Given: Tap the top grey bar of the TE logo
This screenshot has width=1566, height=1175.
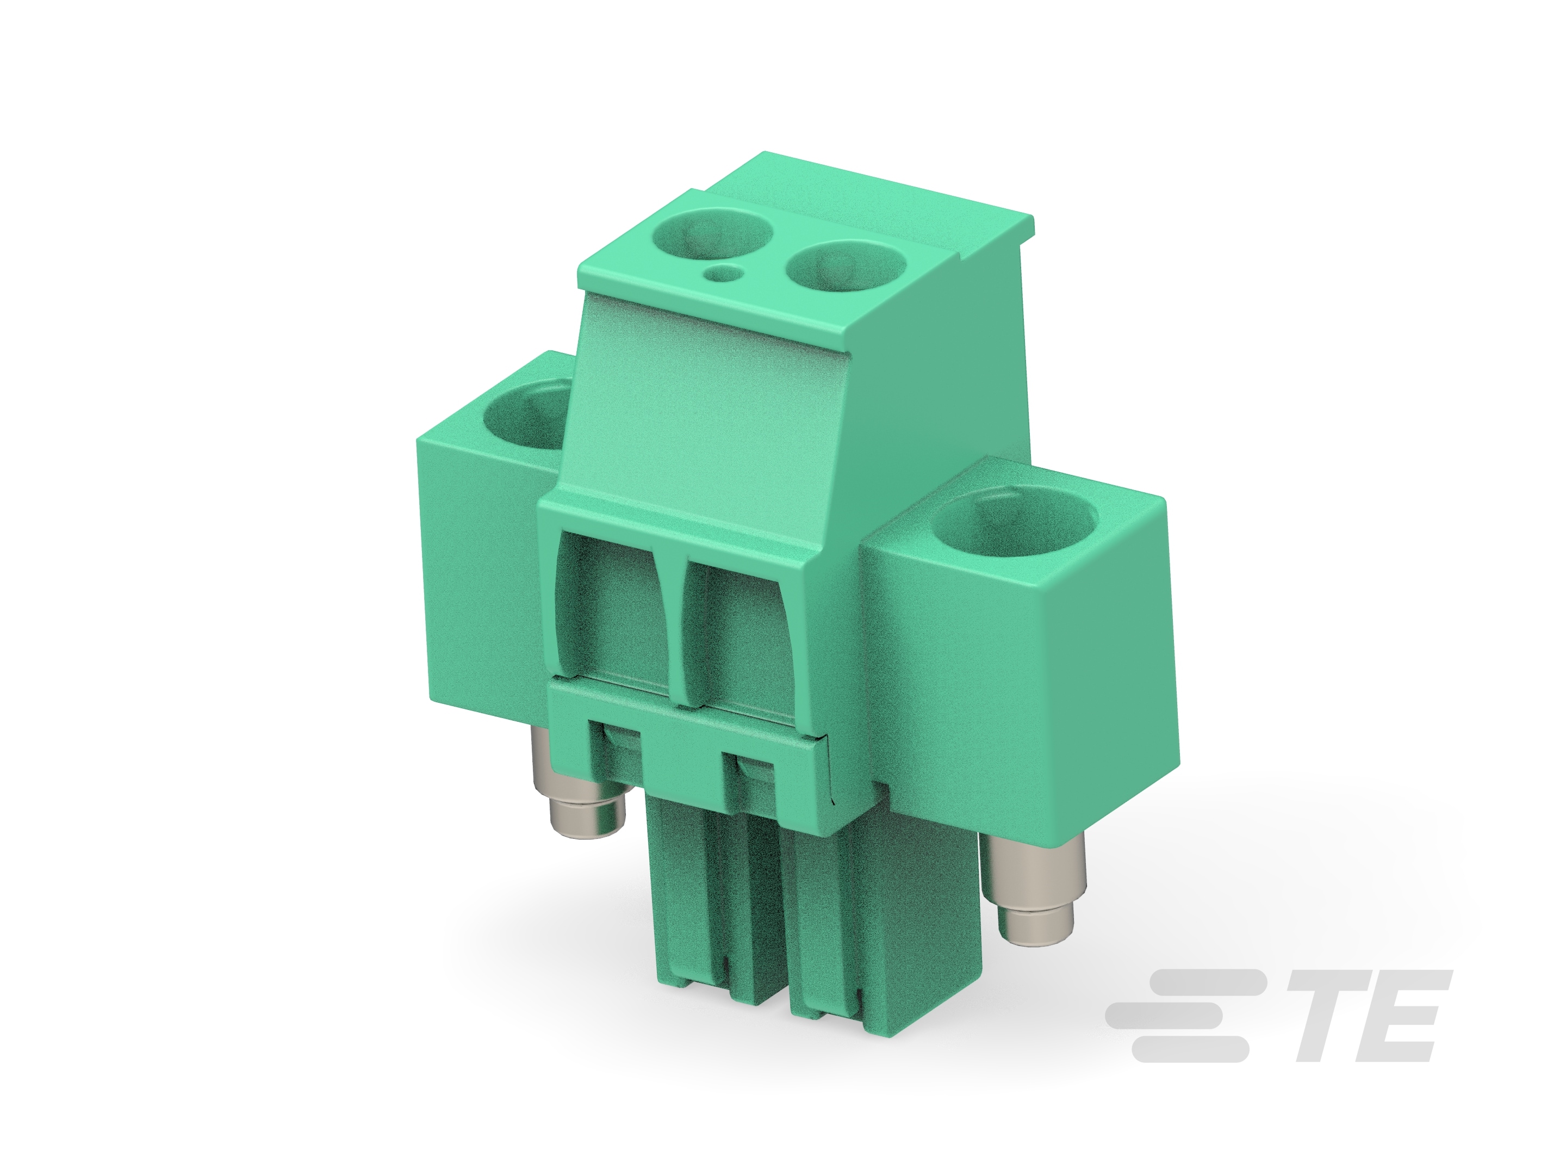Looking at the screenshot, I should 1210,982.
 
